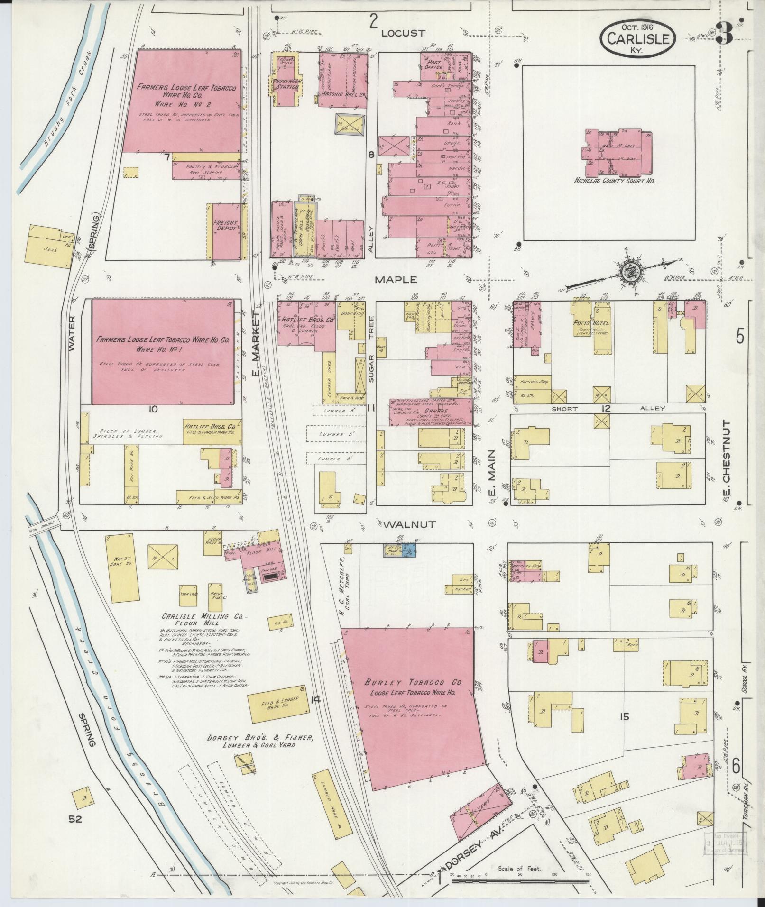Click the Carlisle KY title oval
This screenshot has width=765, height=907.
coord(637,38)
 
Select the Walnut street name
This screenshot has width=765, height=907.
coord(403,524)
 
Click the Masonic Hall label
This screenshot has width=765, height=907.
coord(335,94)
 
